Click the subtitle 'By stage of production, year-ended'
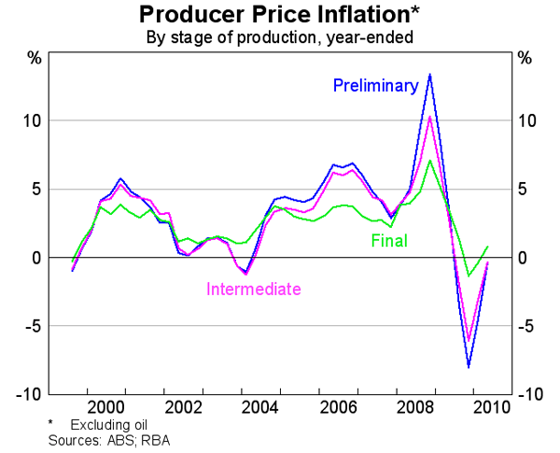click(x=280, y=38)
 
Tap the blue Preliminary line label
click(x=375, y=86)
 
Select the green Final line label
click(x=389, y=240)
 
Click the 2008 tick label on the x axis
click(x=416, y=407)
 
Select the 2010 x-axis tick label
click(x=489, y=407)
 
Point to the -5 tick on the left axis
click(x=30, y=326)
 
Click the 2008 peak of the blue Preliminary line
click(x=429, y=74)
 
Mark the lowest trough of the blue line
click(x=469, y=367)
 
